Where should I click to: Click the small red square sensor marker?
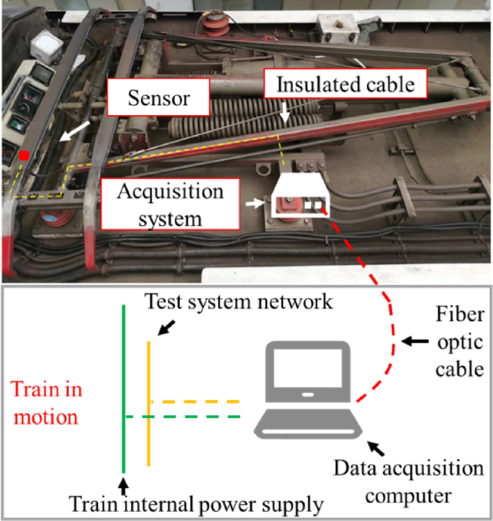[x=24, y=155]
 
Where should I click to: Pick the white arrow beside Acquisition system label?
[x=254, y=204]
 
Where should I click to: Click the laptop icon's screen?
[x=308, y=371]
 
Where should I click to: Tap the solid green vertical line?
[x=125, y=389]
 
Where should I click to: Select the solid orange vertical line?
[x=149, y=403]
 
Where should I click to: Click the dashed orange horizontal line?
[x=195, y=402]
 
